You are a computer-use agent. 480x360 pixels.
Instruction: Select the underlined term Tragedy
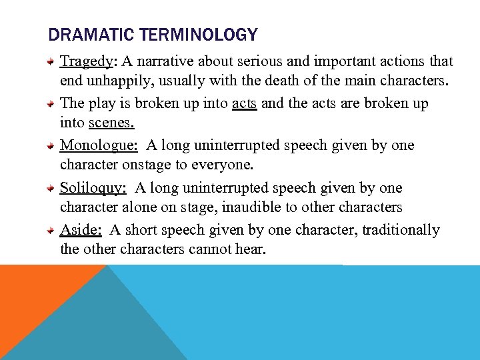87,62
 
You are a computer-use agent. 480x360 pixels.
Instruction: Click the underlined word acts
244,104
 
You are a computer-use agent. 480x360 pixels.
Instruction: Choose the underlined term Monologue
99,146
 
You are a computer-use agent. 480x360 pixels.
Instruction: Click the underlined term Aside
81,230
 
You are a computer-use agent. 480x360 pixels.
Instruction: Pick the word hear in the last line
250,251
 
